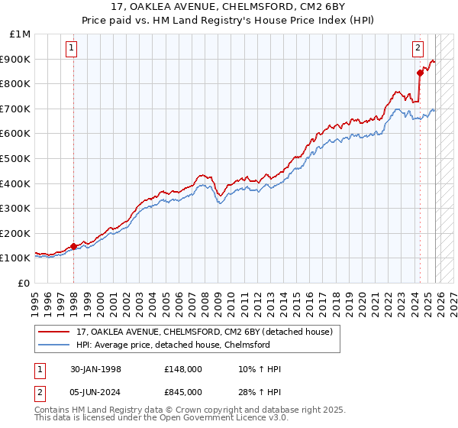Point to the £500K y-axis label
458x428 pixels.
coord(17,158)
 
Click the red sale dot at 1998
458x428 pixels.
coord(74,246)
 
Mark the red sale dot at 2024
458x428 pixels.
coord(420,73)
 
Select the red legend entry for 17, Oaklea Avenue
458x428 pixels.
coord(204,332)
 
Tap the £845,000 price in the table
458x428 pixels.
coord(183,391)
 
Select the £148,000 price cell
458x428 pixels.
coord(183,369)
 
